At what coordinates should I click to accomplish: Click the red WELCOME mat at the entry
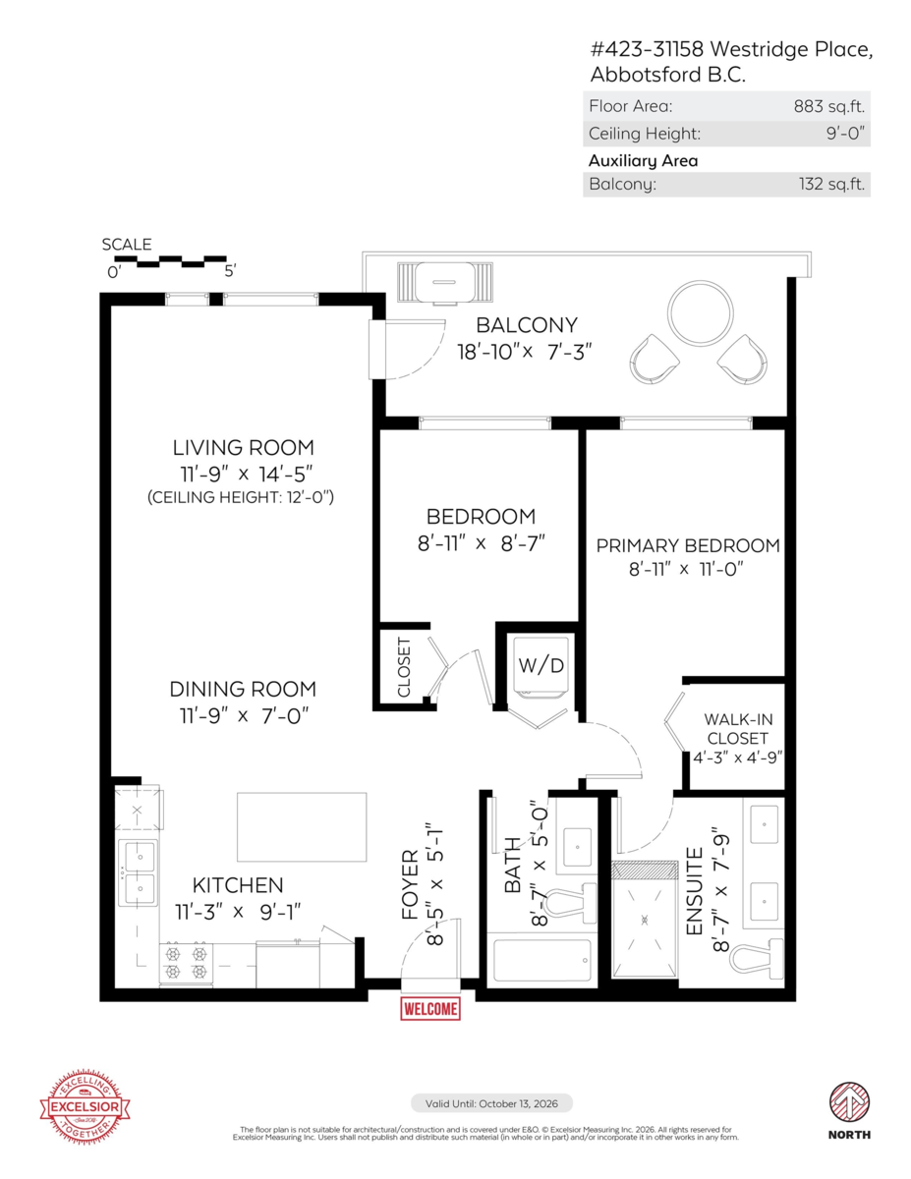tap(430, 1008)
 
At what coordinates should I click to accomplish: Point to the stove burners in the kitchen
tap(187, 962)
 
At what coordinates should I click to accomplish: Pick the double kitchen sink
tap(139, 872)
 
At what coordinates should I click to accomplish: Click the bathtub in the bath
tap(541, 960)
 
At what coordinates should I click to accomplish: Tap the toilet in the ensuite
tap(759, 954)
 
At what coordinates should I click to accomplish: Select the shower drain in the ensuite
tap(645, 921)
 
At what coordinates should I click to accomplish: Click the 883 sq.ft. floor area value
tap(828, 106)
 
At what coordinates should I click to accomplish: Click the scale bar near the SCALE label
tap(169, 262)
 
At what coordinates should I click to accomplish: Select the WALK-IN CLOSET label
tap(736, 729)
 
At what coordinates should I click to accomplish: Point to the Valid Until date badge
tap(491, 1103)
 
